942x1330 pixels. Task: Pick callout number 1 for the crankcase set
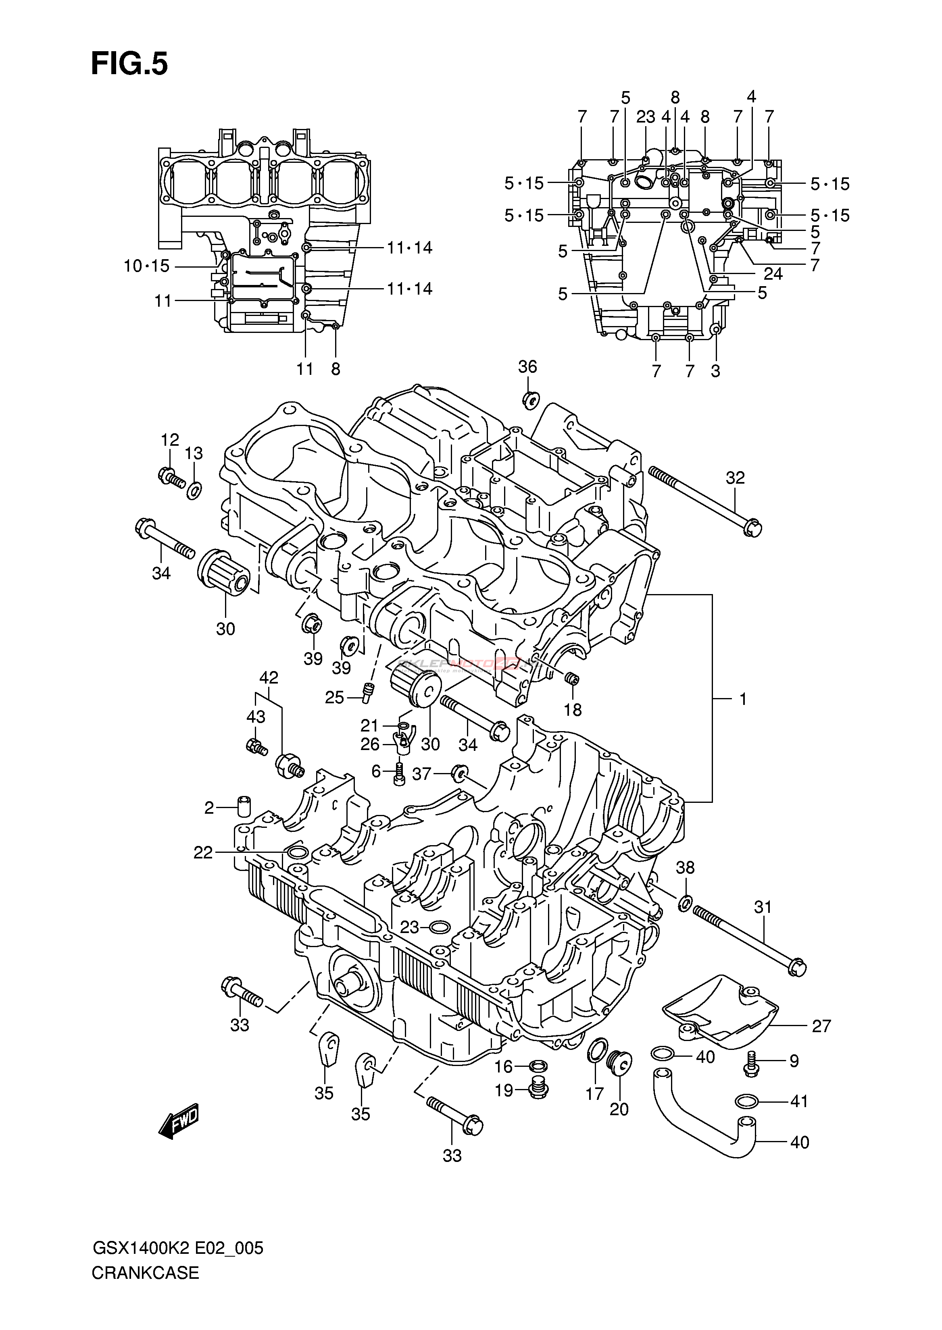(x=742, y=699)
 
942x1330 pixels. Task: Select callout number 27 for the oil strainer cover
(x=822, y=1026)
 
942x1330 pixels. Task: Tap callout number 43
(x=256, y=717)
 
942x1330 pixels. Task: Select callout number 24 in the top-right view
(x=773, y=273)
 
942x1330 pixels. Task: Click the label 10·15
(x=146, y=266)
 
